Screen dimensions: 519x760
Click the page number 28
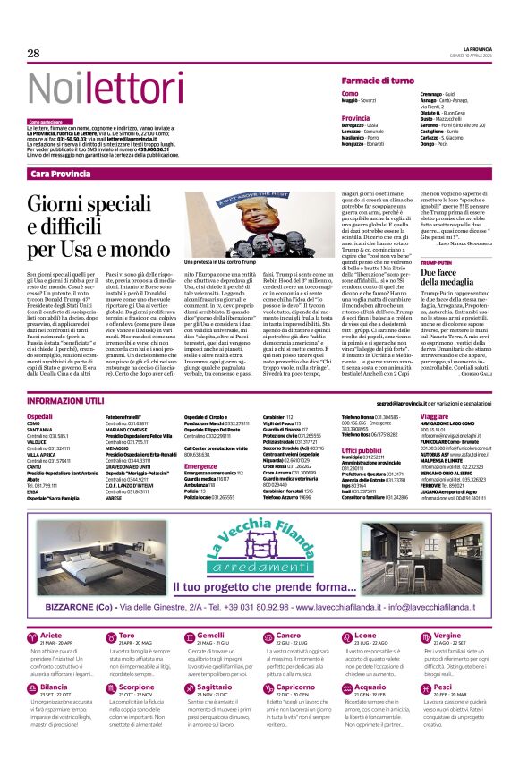pyautogui.click(x=33, y=54)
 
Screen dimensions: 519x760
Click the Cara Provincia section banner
pyautogui.click(x=60, y=173)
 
